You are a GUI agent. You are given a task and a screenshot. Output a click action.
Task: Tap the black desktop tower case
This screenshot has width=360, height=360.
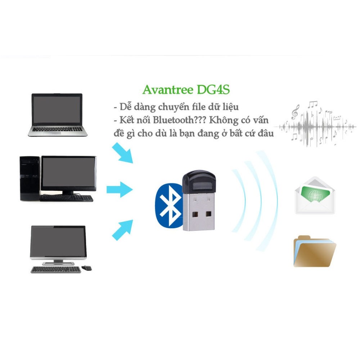coord(29,178)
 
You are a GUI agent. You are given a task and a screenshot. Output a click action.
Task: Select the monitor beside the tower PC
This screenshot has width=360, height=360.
coord(68,174)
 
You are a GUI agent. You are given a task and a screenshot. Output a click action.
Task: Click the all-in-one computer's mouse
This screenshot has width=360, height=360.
coord(87,268)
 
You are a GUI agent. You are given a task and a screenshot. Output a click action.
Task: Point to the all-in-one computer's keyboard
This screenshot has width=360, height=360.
coord(56,270)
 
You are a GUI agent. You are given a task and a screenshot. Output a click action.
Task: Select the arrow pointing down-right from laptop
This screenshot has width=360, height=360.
coord(122,153)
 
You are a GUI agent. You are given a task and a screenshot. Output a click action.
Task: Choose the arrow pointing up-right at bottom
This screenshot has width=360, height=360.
coord(122,229)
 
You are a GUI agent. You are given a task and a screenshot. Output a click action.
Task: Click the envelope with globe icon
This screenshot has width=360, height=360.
coord(315,195)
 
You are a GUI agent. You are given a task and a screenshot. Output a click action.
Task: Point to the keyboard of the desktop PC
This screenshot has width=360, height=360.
coord(67,198)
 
